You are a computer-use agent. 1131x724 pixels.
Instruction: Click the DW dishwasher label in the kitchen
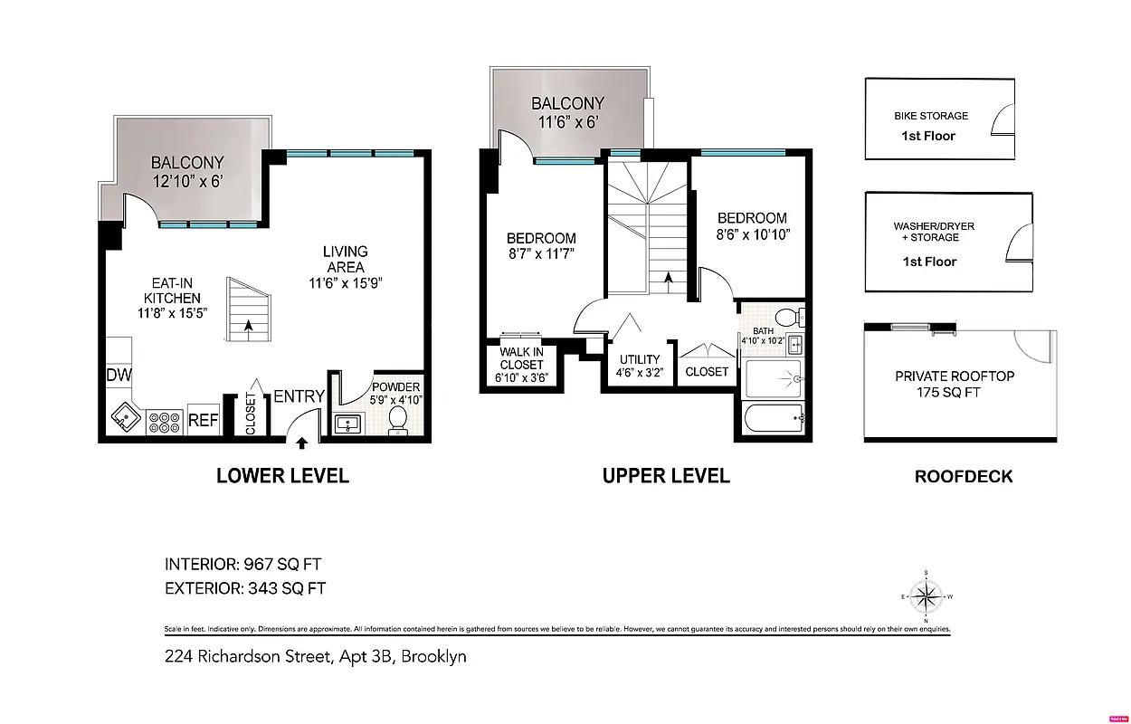(118, 375)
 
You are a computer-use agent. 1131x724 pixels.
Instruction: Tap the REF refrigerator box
(204, 420)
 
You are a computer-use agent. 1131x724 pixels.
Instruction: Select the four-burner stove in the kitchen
(164, 421)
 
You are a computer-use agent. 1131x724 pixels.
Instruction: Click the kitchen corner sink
(123, 419)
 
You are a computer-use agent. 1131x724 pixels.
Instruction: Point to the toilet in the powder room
(397, 421)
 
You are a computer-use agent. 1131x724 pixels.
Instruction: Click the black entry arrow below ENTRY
(301, 442)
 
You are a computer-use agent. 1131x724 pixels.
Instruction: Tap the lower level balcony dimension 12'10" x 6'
(187, 181)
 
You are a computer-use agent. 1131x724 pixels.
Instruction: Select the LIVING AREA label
(346, 259)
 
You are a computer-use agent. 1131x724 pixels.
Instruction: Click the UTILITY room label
(640, 359)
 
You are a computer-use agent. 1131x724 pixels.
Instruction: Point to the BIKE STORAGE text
(931, 116)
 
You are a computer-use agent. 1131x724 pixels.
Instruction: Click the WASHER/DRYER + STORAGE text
(935, 232)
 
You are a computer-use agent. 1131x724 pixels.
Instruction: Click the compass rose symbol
(927, 595)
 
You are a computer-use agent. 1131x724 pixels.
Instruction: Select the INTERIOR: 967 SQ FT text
(242, 565)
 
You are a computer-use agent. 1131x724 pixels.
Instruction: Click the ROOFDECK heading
(964, 476)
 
